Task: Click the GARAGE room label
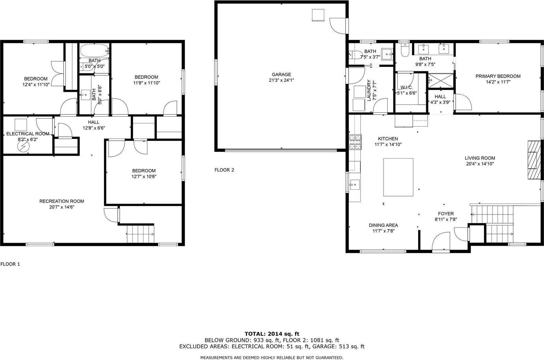coord(281,74)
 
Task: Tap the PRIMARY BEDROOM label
coord(498,76)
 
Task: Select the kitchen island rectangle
coord(398,177)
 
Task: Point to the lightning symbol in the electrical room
coord(24,146)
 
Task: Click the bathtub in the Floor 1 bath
coord(95,51)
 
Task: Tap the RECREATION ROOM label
coord(62,201)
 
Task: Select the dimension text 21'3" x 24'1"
coord(281,80)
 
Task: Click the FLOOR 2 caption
coord(224,170)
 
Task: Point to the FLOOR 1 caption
coord(10,264)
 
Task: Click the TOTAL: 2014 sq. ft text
coord(272,334)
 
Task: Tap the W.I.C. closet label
coord(407,87)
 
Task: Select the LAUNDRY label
coord(369,90)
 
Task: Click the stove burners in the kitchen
coord(355,142)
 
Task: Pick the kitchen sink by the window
coord(355,185)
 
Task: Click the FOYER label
coord(446,213)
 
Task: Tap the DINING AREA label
coord(383,225)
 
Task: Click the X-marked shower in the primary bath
coord(441,80)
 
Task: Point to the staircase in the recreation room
coord(140,234)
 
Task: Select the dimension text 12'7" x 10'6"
coord(144,176)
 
